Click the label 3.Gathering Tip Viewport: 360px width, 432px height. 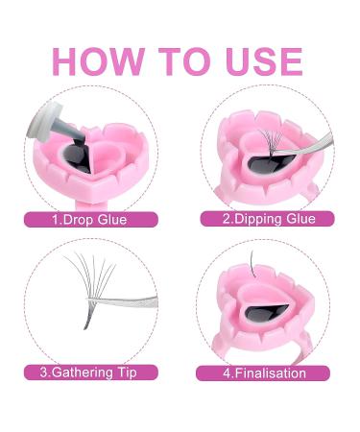point(90,372)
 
